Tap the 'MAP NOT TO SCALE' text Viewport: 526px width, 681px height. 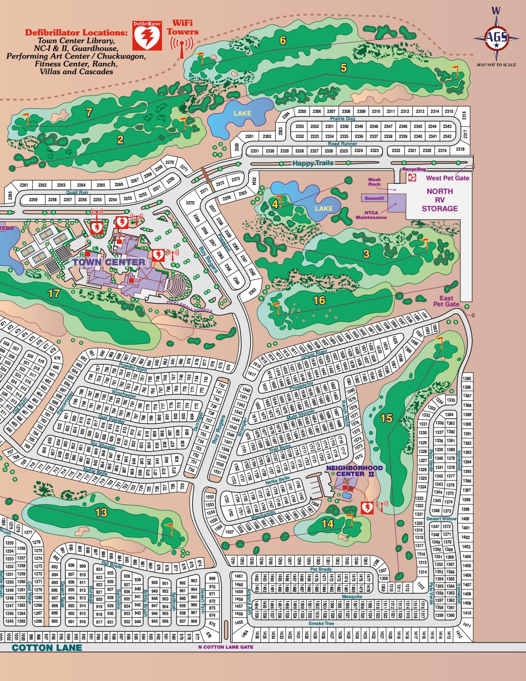coord(496,65)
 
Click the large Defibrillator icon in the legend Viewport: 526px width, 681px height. coord(147,35)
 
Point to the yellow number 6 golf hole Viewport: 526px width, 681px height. coord(283,41)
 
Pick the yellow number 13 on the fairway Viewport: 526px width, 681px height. coord(101,513)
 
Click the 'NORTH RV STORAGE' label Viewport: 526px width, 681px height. coord(439,200)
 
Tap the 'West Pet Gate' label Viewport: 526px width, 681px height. coord(447,178)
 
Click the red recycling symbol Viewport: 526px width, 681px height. coord(412,178)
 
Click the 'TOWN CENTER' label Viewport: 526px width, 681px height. coord(109,262)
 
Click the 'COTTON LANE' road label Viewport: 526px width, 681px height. coord(47,648)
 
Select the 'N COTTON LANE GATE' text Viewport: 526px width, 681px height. coord(226,647)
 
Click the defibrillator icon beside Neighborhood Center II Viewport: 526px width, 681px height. coord(367,508)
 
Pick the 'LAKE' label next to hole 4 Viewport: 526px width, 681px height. coord(324,208)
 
